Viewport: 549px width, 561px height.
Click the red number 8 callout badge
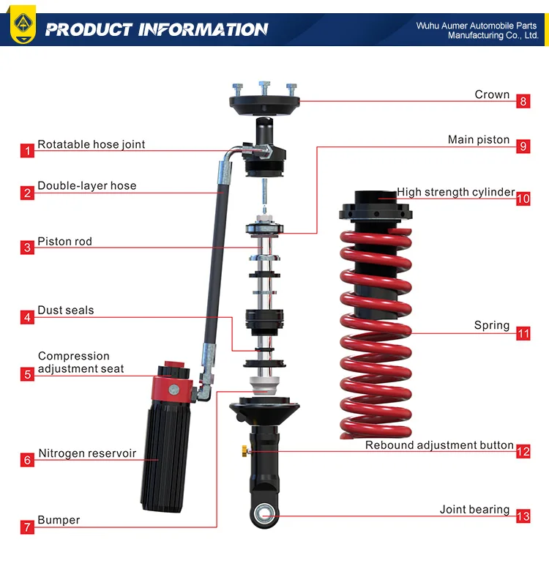pos(523,101)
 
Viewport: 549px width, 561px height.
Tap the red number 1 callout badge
pos(27,151)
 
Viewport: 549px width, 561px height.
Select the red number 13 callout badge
pos(523,516)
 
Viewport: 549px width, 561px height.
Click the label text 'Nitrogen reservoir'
pos(87,453)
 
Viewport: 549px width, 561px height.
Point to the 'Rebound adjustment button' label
pos(439,445)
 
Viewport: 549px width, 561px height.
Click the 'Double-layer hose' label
pos(87,186)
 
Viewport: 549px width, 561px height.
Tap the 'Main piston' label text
pos(479,140)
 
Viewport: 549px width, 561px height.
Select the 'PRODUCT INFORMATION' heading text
pos(157,30)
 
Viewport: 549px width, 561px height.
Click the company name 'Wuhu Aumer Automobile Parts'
pos(477,26)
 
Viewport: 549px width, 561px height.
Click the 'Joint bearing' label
pos(474,510)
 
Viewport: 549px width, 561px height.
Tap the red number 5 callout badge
pos(27,374)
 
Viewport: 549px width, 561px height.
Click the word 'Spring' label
pos(492,325)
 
